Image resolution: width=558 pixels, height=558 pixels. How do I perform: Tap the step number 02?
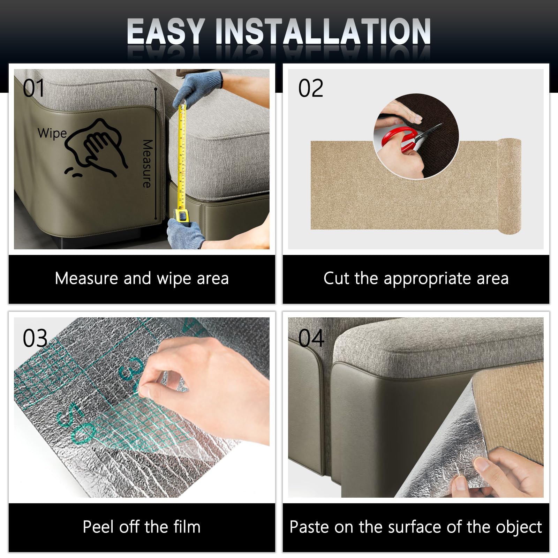pyautogui.click(x=311, y=88)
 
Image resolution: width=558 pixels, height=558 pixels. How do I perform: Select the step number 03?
pyautogui.click(x=35, y=338)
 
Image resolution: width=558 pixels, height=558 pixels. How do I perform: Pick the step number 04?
pyautogui.click(x=311, y=338)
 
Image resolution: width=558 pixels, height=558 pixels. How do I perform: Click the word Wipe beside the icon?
pyautogui.click(x=52, y=133)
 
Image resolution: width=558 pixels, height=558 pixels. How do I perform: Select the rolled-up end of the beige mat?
pyautogui.click(x=509, y=185)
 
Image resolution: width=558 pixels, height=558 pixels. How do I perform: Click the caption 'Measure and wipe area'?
pyautogui.click(x=142, y=279)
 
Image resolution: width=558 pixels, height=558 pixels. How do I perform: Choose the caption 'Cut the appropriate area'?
pyautogui.click(x=416, y=279)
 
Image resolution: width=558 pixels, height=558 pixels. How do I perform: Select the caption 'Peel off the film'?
pyautogui.click(x=142, y=527)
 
